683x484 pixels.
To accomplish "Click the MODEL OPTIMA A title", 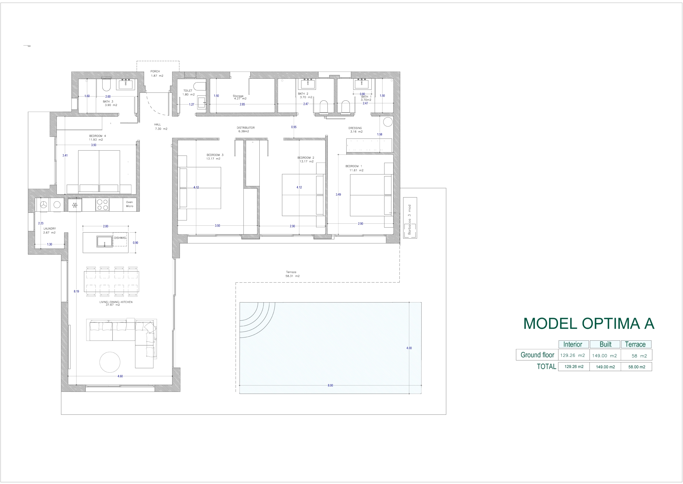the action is point(589,324).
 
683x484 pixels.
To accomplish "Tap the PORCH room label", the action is point(155,72).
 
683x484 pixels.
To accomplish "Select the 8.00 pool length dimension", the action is point(330,385).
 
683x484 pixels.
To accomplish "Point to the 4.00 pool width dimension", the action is point(409,348).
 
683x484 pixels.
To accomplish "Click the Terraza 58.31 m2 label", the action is point(292,274).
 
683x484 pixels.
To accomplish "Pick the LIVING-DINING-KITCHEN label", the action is point(116,302).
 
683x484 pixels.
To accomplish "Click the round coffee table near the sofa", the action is point(110,362).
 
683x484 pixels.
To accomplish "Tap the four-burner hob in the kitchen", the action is point(102,205).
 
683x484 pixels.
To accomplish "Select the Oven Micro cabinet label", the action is point(129,204).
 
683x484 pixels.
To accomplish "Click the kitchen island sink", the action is point(105,241).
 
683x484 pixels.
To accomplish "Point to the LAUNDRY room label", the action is point(49,229).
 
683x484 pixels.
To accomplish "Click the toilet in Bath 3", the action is point(106,85).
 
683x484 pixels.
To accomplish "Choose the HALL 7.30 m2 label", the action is point(161,127).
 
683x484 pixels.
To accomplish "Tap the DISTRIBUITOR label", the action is point(246,128).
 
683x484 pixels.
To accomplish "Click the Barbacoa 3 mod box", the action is point(410,218).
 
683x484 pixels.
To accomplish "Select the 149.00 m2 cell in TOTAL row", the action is point(605,367).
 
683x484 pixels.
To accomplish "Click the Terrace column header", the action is point(635,344).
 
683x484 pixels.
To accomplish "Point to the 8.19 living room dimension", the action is point(77,292).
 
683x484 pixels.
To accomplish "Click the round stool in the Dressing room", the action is point(388,121).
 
